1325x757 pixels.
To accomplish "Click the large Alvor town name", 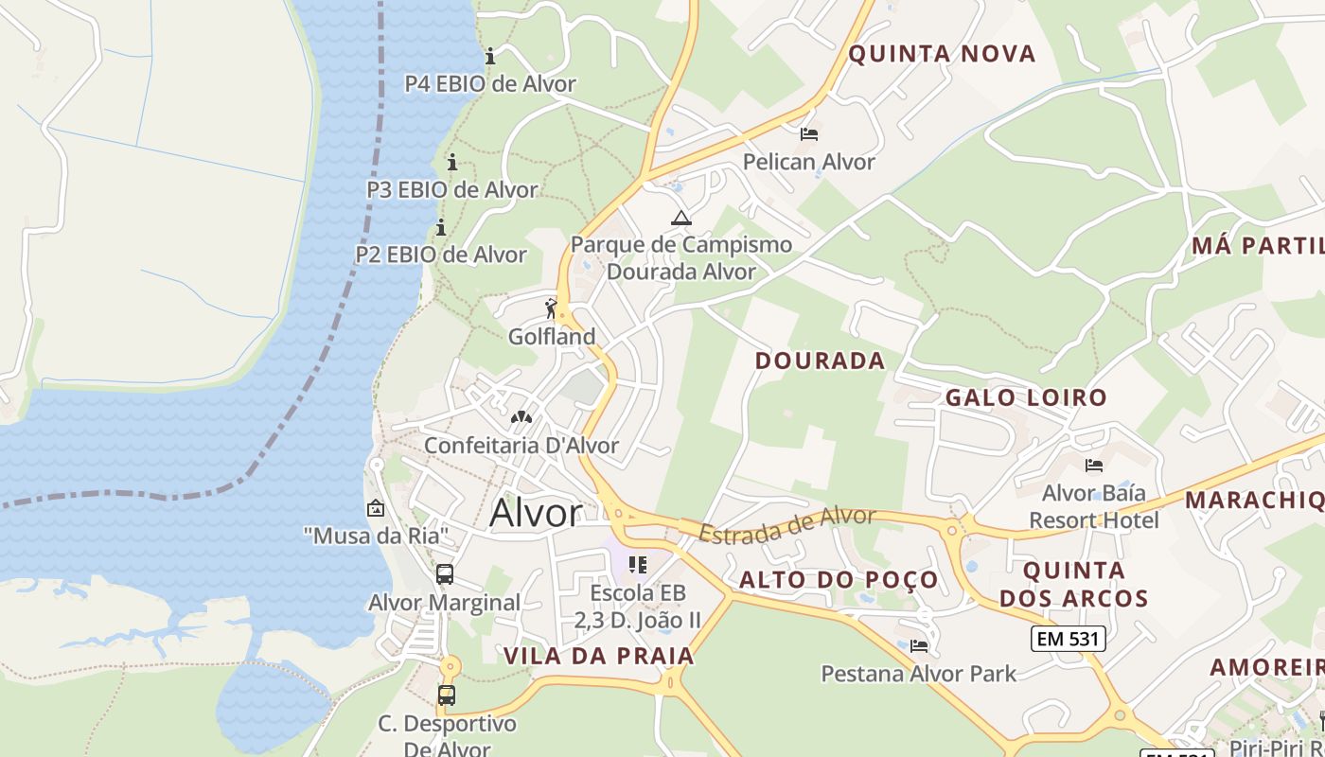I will point(536,513).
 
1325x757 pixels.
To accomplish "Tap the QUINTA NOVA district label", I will point(942,54).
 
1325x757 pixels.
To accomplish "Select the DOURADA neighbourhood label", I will point(820,361).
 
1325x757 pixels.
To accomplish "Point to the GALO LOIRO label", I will point(1026,397).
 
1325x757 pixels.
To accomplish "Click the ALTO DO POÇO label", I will point(839,580).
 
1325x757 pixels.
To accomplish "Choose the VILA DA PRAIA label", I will point(599,656).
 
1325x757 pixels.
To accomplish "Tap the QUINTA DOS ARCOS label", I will point(1074,585).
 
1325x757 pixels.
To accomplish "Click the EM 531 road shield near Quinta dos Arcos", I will point(1068,639).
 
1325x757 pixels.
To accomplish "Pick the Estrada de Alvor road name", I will point(787,524).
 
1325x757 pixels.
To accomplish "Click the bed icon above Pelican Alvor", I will point(808,134).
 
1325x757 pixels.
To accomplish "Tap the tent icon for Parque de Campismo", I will point(680,218).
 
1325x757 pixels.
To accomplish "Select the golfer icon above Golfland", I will point(552,308).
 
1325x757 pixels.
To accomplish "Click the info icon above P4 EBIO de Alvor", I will point(490,56).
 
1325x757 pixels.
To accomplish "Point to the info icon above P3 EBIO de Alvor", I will point(452,162).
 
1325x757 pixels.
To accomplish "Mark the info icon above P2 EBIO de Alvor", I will point(441,227).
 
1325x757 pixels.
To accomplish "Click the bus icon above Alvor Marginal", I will point(445,573).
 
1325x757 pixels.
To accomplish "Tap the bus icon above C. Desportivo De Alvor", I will point(447,695).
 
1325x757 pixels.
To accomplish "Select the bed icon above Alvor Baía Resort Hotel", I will point(1094,465).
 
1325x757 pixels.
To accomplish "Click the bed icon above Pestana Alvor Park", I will point(918,646).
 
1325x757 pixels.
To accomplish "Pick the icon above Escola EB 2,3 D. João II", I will point(638,565).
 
